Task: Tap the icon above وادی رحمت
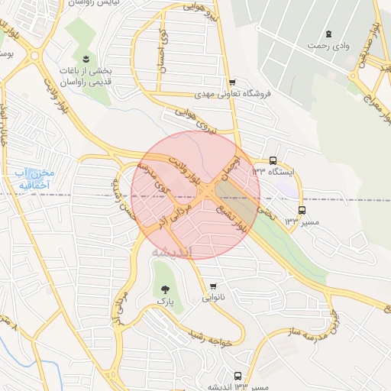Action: [x=328, y=34]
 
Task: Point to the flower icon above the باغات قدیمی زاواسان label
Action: [x=86, y=59]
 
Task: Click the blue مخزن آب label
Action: [x=31, y=180]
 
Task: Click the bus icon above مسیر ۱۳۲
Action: [x=302, y=210]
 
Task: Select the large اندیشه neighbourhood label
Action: [x=171, y=251]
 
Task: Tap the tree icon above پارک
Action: [x=166, y=288]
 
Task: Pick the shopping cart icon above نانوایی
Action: [x=213, y=287]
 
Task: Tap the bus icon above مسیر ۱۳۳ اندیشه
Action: [x=238, y=376]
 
